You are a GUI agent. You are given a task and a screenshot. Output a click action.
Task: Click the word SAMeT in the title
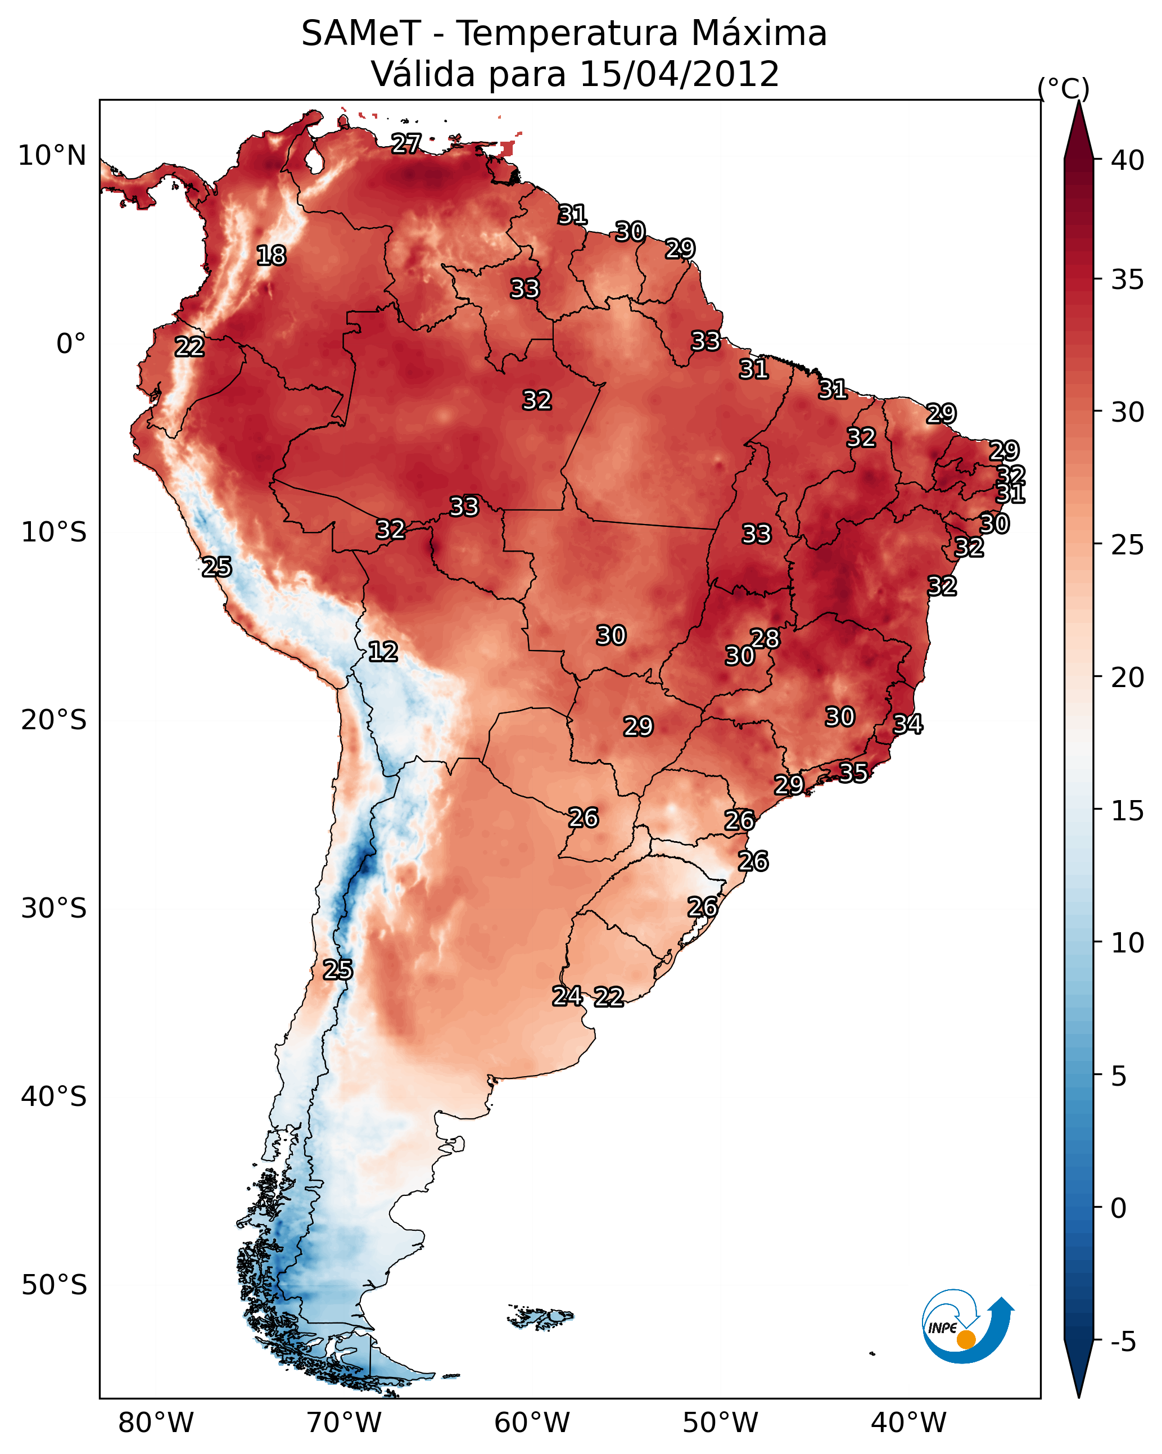[361, 34]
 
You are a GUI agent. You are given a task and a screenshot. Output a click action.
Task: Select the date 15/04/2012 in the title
[679, 74]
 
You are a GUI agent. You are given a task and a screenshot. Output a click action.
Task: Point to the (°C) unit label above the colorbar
[1063, 88]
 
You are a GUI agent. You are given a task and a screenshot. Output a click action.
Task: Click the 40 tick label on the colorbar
[1128, 160]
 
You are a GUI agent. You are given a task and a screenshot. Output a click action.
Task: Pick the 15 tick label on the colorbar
[1128, 811]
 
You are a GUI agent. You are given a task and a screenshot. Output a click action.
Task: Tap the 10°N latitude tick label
[52, 156]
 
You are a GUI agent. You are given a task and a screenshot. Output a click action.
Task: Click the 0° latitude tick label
[71, 344]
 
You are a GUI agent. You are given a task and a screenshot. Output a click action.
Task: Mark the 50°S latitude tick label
[54, 1285]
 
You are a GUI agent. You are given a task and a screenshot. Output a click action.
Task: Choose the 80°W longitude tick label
[156, 1423]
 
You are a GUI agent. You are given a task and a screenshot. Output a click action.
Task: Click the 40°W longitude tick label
[908, 1423]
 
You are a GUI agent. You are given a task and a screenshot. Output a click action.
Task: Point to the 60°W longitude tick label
[532, 1423]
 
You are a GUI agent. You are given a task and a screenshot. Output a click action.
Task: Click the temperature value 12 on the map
[383, 652]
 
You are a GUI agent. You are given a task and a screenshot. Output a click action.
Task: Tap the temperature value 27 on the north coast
[406, 143]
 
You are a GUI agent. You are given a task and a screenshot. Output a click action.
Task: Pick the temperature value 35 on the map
[853, 772]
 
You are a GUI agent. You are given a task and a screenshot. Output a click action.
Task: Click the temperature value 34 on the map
[908, 724]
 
